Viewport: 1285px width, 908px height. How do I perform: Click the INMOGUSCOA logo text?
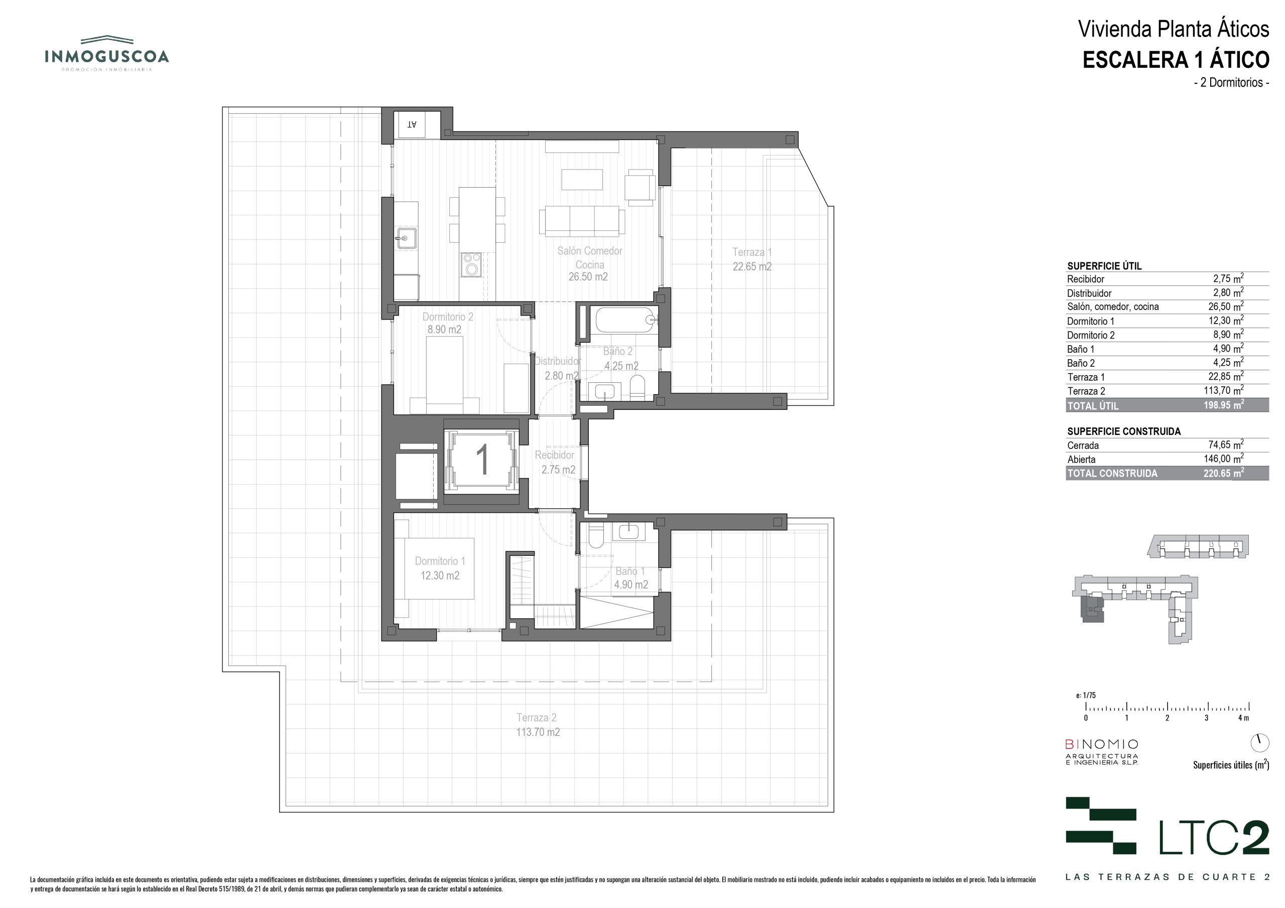pyautogui.click(x=106, y=57)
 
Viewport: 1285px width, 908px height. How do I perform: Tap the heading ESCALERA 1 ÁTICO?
pyautogui.click(x=1176, y=60)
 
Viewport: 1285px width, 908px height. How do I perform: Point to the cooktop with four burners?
pyautogui.click(x=471, y=264)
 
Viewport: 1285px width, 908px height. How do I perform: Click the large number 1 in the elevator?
pyautogui.click(x=482, y=460)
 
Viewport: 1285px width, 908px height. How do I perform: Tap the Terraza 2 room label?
pyautogui.click(x=537, y=724)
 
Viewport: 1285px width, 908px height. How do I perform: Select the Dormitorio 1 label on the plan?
pyautogui.click(x=440, y=568)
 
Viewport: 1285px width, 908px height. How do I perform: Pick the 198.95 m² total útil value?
pyautogui.click(x=1224, y=404)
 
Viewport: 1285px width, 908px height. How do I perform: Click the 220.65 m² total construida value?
pyautogui.click(x=1224, y=473)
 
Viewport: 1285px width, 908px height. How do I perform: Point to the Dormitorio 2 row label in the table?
pyautogui.click(x=1091, y=335)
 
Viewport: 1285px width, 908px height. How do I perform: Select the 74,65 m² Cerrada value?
pyautogui.click(x=1226, y=445)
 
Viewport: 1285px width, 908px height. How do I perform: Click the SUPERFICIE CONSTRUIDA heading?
pyautogui.click(x=1124, y=431)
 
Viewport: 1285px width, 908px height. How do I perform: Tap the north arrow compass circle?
pyautogui.click(x=1260, y=742)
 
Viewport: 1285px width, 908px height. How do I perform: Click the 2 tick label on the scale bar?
pyautogui.click(x=1168, y=718)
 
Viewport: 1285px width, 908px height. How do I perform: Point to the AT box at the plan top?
pyautogui.click(x=412, y=124)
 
